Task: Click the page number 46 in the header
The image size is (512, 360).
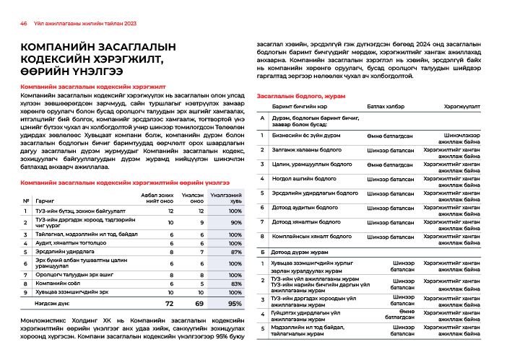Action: click(23, 23)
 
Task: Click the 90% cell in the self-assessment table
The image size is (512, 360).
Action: click(235, 224)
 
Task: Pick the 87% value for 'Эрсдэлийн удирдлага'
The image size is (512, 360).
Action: click(235, 253)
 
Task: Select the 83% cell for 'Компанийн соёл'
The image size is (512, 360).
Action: click(235, 284)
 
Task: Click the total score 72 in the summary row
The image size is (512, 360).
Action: click(170, 304)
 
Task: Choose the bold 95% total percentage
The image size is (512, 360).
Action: click(234, 304)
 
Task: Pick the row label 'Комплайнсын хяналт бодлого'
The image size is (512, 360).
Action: click(311, 236)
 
